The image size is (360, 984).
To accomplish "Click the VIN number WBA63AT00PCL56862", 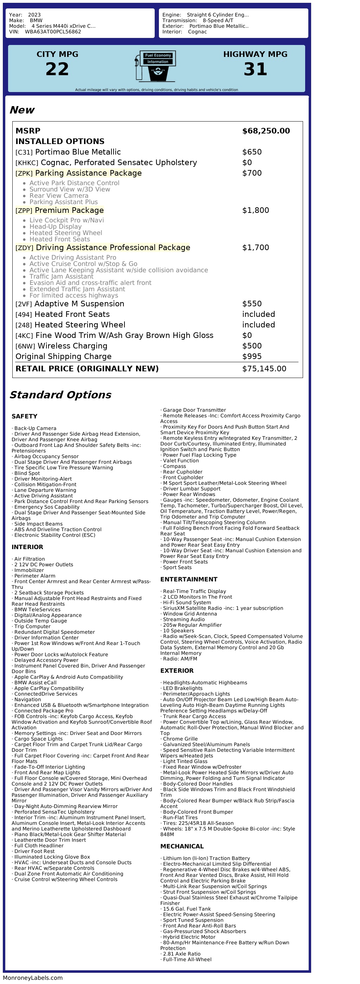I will click(53, 32).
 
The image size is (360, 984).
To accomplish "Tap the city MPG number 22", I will click(57, 69).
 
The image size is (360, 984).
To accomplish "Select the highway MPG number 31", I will click(255, 69).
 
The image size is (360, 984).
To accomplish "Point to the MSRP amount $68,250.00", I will click(266, 131).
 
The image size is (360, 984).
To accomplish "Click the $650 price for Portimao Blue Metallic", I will click(252, 152).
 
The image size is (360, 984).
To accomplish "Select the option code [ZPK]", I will click(24, 174).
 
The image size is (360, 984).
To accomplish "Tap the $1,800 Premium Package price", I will click(255, 210).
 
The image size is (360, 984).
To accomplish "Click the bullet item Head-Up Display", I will click(56, 227).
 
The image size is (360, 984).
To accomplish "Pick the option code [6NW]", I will click(25, 346).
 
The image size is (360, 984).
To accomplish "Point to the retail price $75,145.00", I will click(264, 369).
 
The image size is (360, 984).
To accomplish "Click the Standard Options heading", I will click(60, 395).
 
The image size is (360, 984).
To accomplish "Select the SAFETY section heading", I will click(25, 416).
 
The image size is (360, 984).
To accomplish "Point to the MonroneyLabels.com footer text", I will click(33, 978).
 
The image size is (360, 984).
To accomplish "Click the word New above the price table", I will click(22, 110).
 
